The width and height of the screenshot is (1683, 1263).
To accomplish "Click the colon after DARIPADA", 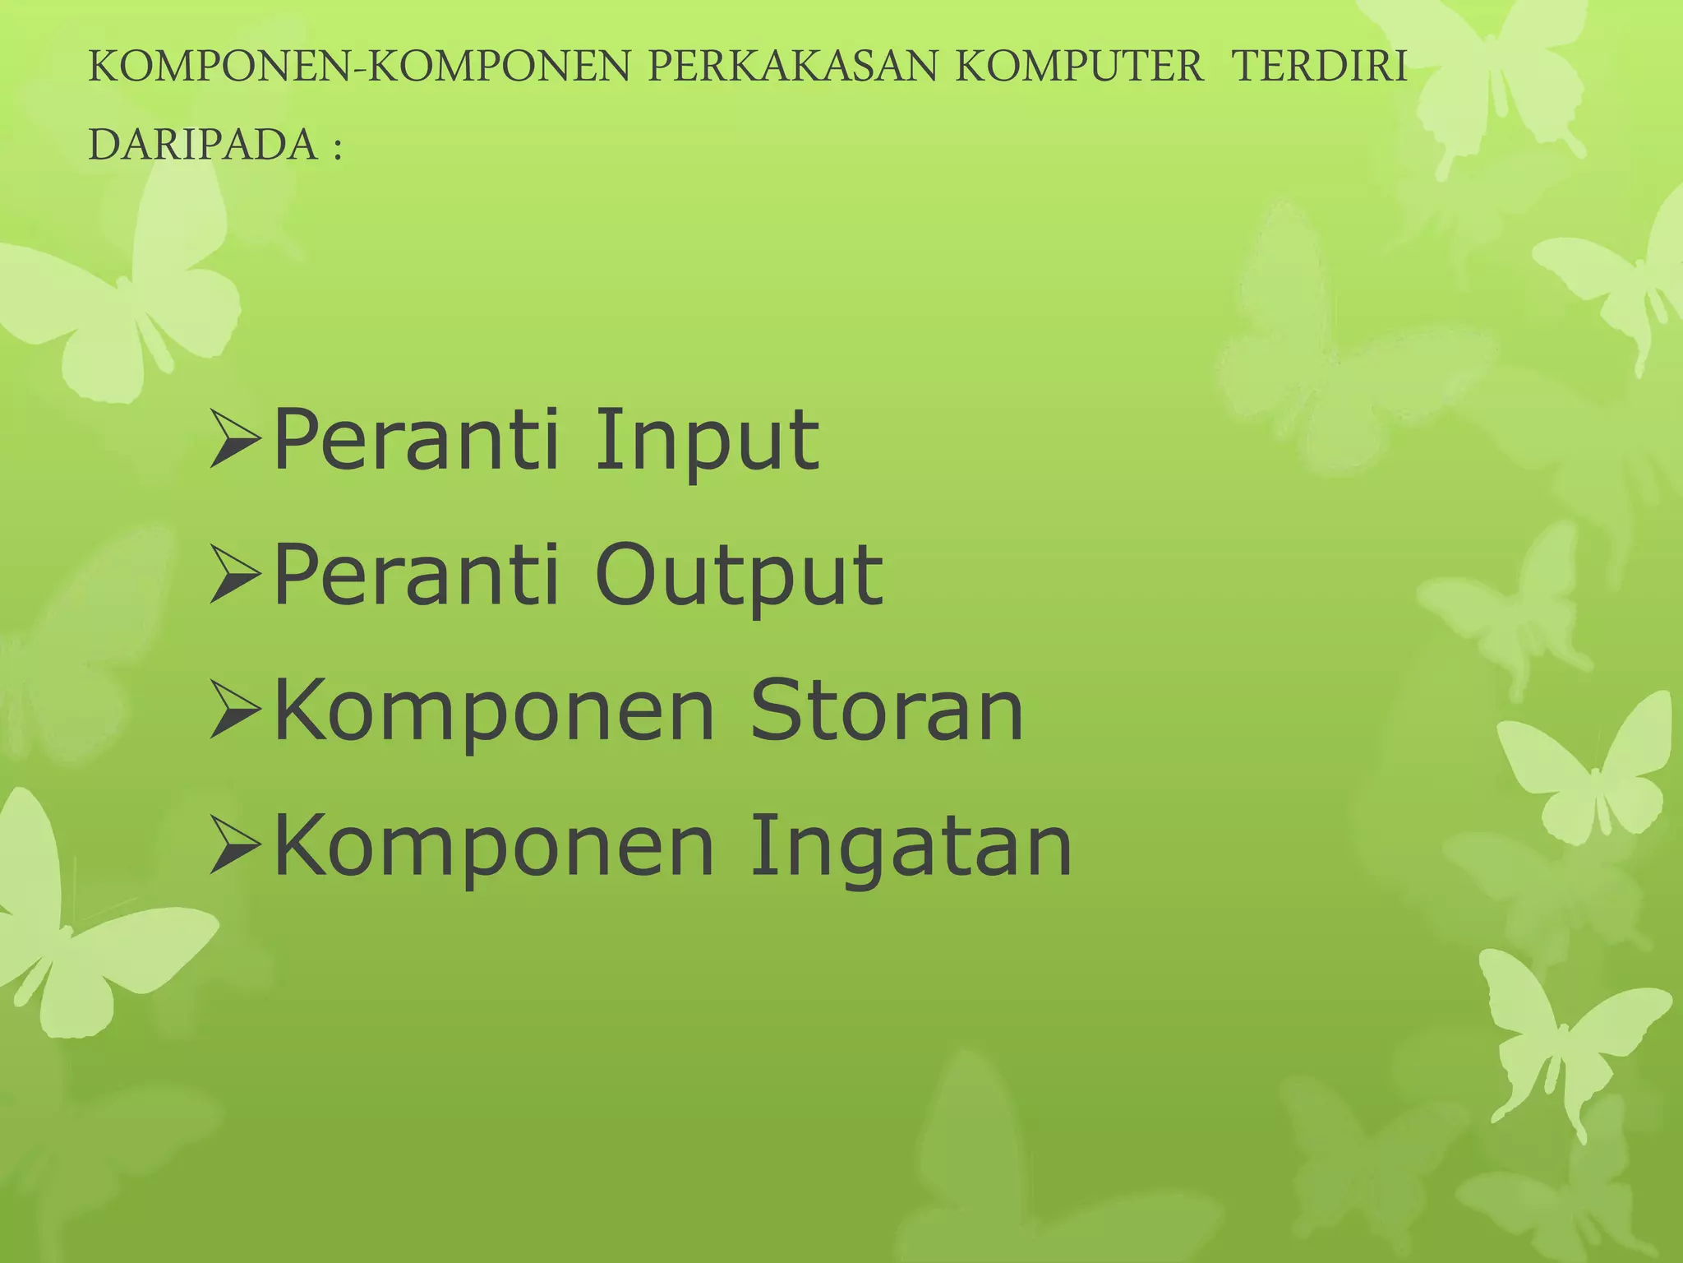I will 337,149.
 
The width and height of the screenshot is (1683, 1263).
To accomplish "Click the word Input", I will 707,442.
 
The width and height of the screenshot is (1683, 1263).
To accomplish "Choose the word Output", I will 739,577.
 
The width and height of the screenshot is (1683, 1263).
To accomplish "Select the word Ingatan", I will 911,847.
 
